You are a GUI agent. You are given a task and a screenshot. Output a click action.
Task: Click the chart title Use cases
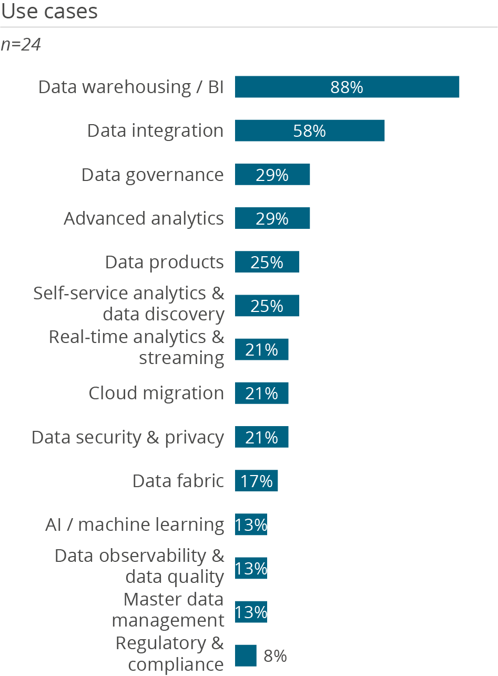tap(49, 12)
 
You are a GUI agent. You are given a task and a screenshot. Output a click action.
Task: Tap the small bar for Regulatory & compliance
tap(246, 655)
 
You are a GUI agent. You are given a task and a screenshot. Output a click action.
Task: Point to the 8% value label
tap(275, 656)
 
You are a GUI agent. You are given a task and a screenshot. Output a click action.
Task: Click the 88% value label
tap(347, 87)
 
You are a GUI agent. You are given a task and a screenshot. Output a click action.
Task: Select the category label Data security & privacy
tap(128, 437)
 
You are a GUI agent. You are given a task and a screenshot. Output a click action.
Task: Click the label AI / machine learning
tap(135, 524)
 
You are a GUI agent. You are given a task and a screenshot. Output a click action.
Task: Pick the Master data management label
tap(168, 610)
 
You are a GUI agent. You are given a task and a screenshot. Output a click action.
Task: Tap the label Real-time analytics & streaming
tap(137, 347)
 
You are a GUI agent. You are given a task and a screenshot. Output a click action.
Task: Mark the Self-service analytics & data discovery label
tap(129, 304)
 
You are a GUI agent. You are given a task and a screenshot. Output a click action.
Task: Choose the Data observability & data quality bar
tap(251, 568)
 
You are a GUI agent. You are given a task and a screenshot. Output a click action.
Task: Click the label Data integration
tap(155, 130)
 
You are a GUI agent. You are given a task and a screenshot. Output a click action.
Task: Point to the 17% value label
tap(257, 481)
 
